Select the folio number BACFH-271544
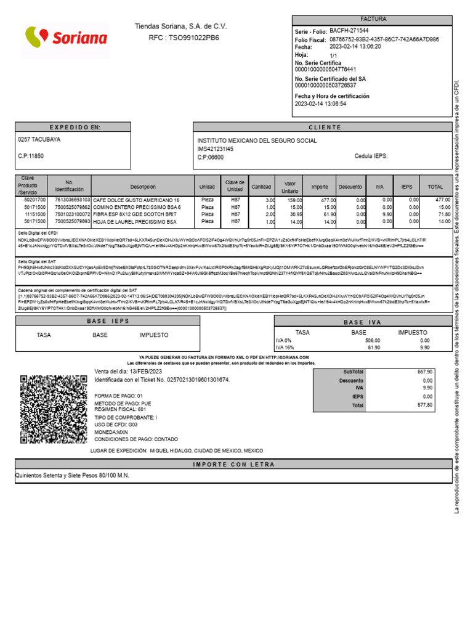[349, 30]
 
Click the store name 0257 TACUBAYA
[40, 140]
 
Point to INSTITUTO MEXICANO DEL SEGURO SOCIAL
[257, 141]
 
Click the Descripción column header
[143, 187]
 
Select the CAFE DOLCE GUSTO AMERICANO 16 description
[136, 200]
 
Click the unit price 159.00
[294, 200]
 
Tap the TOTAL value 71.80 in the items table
[443, 214]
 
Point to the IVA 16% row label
[285, 348]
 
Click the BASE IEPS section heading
[108, 322]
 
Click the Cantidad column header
[262, 187]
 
